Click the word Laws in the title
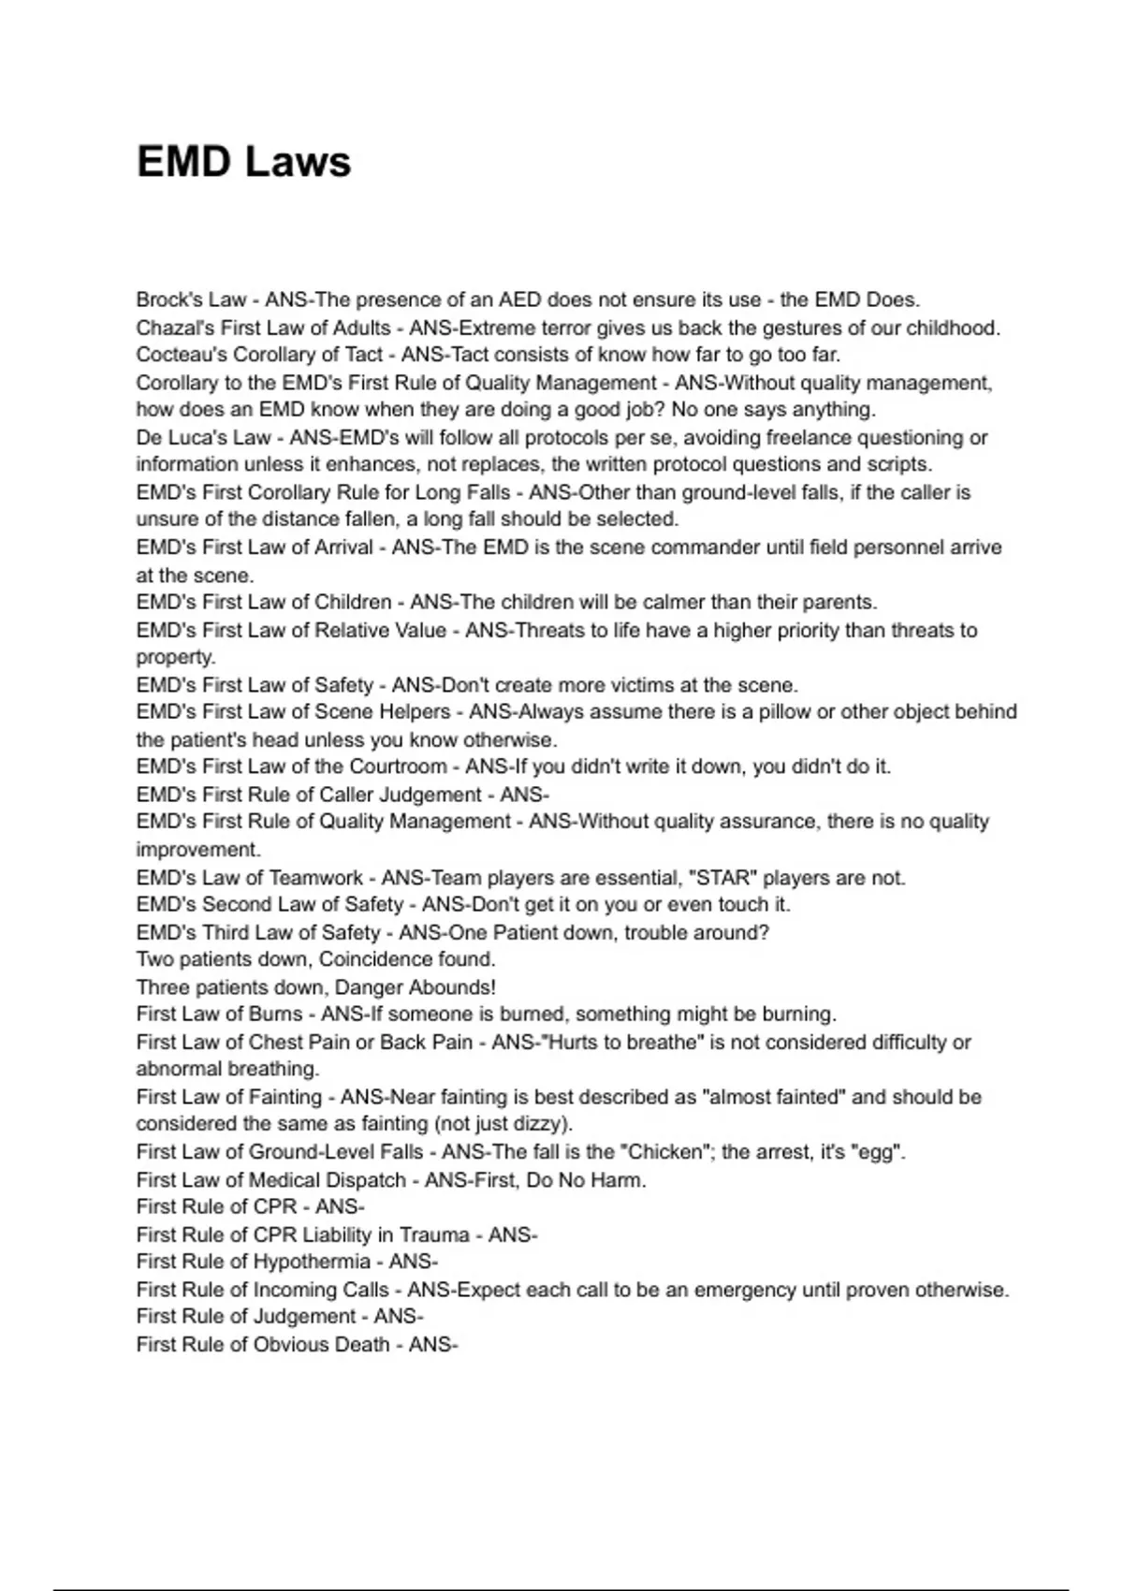[298, 162]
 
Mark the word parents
[840, 602]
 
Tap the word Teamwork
[315, 878]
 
